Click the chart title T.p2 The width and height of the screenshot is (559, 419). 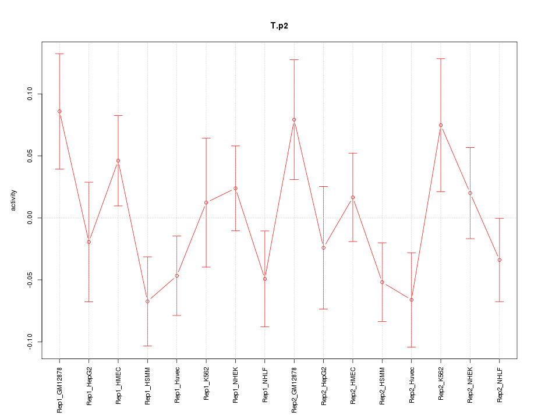click(279, 26)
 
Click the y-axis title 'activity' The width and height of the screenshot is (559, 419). click(13, 200)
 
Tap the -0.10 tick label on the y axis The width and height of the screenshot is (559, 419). click(30, 342)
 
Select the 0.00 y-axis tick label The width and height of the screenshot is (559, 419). click(30, 218)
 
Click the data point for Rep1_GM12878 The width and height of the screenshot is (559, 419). click(59, 111)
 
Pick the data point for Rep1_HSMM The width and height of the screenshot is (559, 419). click(147, 301)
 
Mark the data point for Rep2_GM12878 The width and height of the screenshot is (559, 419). click(294, 120)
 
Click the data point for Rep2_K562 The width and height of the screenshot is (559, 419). click(441, 125)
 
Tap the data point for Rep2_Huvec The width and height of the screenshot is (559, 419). click(411, 300)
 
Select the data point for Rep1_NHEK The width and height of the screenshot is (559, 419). click(235, 188)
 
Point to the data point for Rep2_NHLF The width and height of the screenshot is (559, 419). click(499, 260)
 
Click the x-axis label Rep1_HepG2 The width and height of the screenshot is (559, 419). click(89, 386)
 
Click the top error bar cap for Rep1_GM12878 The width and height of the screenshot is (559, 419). click(59, 54)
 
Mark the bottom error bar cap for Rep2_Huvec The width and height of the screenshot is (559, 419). click(411, 347)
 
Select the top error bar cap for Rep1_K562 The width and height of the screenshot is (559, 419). click(206, 138)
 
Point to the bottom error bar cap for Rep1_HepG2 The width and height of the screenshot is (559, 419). click(89, 301)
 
